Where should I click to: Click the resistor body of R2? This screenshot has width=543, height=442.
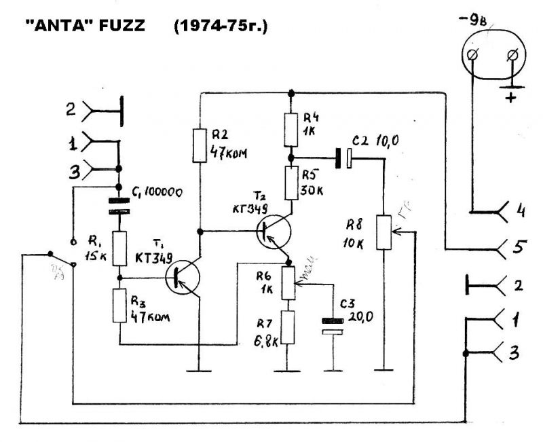(200, 145)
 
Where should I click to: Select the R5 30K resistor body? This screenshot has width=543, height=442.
(291, 182)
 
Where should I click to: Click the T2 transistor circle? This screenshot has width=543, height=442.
(275, 232)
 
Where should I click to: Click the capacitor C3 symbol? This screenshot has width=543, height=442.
(331, 326)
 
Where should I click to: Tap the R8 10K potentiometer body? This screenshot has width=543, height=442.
(383, 232)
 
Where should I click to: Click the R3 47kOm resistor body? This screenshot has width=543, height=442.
(119, 306)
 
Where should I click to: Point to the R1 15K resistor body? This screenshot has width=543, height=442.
(119, 248)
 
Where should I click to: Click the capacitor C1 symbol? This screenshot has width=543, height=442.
(119, 206)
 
